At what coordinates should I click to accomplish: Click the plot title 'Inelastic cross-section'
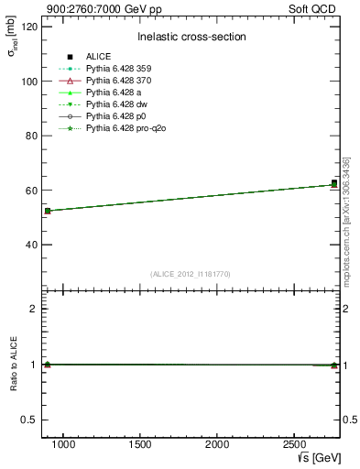191,37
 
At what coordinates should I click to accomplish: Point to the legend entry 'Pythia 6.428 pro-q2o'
126,128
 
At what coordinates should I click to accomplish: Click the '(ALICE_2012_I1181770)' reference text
191,274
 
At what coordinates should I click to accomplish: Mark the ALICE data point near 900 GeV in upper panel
48,211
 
